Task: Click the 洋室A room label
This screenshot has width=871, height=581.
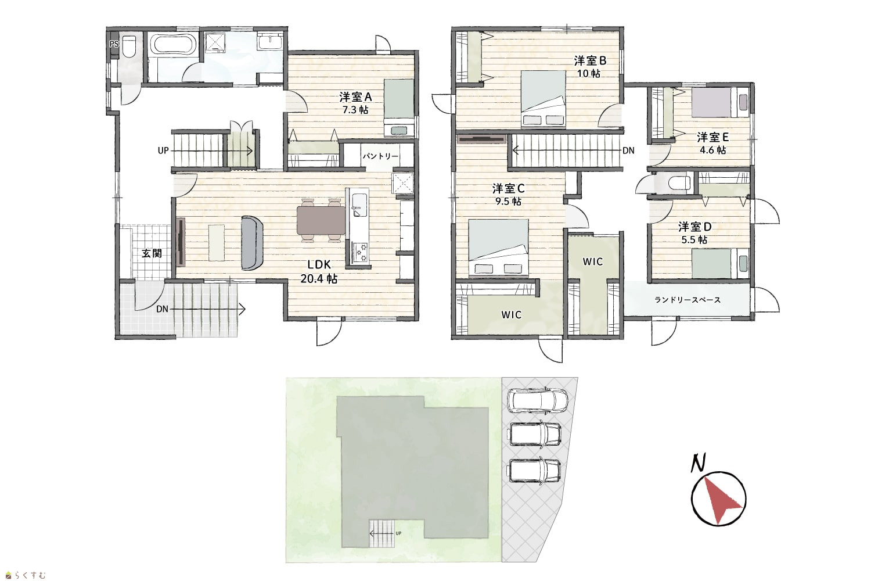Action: click(x=355, y=97)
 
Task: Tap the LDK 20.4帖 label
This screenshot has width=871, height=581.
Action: click(x=319, y=272)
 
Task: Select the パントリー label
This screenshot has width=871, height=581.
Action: click(x=380, y=156)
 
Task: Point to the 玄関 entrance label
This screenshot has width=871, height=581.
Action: click(x=151, y=253)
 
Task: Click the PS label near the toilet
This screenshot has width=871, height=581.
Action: click(x=114, y=44)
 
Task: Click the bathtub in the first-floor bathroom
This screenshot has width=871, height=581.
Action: click(x=172, y=45)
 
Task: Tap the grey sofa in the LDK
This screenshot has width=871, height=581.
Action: click(x=252, y=243)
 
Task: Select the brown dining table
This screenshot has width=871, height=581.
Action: click(x=321, y=220)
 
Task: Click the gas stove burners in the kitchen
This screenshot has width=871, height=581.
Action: click(x=359, y=252)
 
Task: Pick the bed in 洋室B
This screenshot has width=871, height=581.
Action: click(x=543, y=99)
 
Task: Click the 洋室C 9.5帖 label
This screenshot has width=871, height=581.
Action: click(x=508, y=195)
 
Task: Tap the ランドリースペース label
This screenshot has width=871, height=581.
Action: click(x=688, y=300)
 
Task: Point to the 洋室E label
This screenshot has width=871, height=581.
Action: click(x=712, y=137)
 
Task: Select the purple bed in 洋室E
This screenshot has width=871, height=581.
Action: click(x=711, y=102)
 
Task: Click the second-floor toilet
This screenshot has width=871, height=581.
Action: click(x=678, y=182)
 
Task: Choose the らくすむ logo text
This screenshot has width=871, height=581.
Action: click(x=31, y=575)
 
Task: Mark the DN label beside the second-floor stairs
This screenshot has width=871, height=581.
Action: click(x=628, y=150)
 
